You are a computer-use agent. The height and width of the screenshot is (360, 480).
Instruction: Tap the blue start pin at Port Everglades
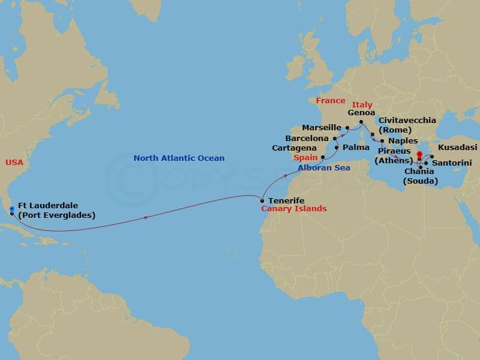(12, 210)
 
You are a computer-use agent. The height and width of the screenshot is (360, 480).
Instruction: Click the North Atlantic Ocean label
(179, 158)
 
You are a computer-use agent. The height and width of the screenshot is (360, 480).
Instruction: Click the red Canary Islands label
(293, 209)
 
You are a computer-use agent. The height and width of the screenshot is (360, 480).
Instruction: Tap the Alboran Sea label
(323, 168)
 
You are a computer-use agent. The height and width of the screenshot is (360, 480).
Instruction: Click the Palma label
(357, 148)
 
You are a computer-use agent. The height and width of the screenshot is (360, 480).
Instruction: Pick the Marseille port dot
(347, 128)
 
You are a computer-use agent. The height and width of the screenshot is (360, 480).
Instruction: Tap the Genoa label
(361, 112)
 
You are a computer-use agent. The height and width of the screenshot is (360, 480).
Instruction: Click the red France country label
(331, 101)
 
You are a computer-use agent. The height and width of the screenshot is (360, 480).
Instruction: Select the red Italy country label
(362, 105)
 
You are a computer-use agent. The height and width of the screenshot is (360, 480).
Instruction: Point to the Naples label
(403, 140)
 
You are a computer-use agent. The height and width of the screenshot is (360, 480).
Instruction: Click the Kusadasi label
(458, 147)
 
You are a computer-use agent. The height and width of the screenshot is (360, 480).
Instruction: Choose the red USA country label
(14, 163)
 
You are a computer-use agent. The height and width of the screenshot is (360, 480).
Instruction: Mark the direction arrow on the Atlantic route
(146, 217)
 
